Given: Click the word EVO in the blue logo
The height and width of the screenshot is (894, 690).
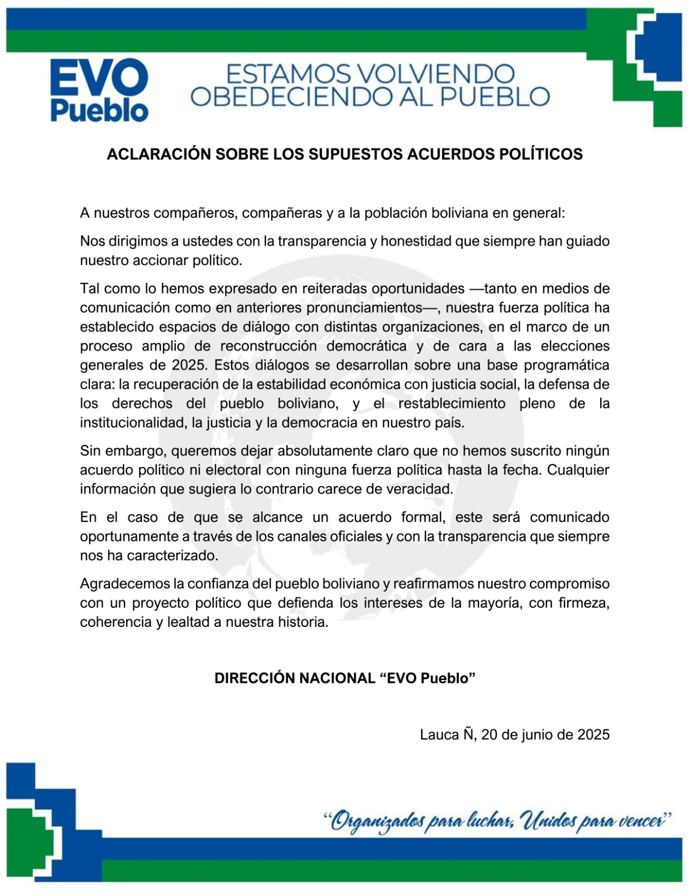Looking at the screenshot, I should [99, 79].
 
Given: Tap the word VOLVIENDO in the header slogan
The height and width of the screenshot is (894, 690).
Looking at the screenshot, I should [435, 74].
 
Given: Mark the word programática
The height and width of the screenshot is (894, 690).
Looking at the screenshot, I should [566, 365].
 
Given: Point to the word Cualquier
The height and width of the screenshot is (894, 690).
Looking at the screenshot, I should [578, 470].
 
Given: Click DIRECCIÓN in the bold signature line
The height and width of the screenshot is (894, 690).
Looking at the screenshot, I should [255, 678].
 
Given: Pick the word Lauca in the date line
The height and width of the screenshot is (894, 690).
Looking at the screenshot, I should [439, 735].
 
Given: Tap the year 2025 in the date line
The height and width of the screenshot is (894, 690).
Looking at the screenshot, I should [593, 735].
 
